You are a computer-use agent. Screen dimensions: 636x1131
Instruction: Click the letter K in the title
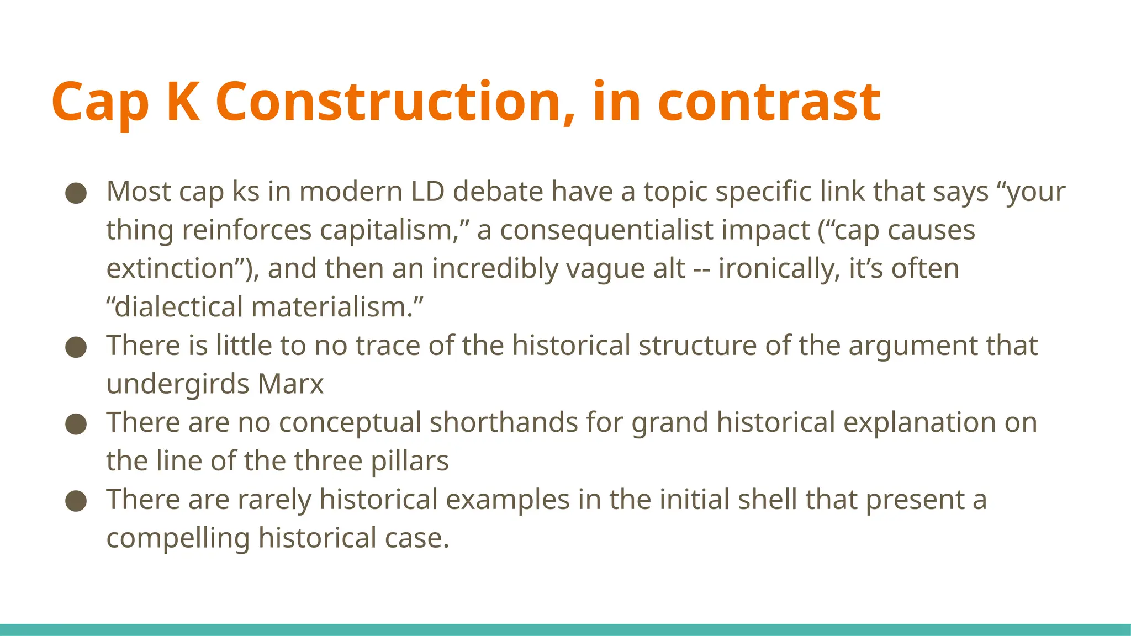pos(182,102)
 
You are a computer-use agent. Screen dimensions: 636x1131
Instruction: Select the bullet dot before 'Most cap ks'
pos(76,193)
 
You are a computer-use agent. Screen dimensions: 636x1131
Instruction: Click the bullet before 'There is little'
pos(76,347)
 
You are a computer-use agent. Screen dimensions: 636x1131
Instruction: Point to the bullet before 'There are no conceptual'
pos(76,424)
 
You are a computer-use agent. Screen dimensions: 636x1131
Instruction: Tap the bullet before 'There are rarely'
pos(76,501)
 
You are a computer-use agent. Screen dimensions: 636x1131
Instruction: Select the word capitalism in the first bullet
pos(394,230)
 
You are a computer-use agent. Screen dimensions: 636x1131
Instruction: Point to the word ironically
pos(779,269)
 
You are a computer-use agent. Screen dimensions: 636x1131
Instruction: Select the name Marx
pos(290,384)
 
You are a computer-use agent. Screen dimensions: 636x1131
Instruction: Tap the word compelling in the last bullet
pos(178,539)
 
